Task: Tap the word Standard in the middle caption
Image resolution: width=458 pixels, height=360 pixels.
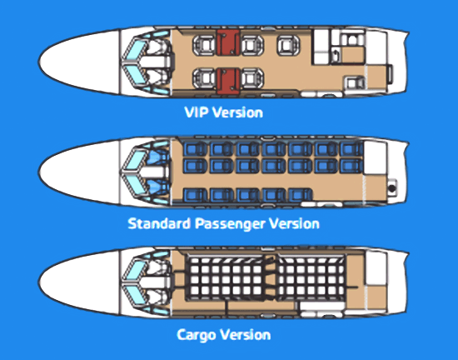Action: pyautogui.click(x=160, y=223)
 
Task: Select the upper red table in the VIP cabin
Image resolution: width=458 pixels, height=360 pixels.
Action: pyautogui.click(x=228, y=42)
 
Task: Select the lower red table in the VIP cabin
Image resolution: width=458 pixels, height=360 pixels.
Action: pyautogui.click(x=228, y=81)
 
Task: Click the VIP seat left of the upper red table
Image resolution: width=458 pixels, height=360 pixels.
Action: pyautogui.click(x=204, y=45)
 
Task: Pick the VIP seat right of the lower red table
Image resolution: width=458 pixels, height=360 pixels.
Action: pyautogui.click(x=251, y=78)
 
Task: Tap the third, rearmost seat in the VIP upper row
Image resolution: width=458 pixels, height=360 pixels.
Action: pyautogui.click(x=288, y=45)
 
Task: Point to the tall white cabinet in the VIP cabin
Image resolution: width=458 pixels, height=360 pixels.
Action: pyautogui.click(x=321, y=47)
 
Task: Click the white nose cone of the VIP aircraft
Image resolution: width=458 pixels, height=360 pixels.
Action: pyautogui.click(x=79, y=62)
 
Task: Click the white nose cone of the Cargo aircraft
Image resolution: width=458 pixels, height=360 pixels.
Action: pyautogui.click(x=79, y=282)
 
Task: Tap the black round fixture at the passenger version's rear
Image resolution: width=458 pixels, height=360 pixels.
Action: pyautogui.click(x=392, y=188)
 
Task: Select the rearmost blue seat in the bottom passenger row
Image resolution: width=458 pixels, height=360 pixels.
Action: pyautogui.click(x=301, y=194)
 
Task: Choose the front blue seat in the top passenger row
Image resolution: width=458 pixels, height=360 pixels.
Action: pyautogui.click(x=195, y=148)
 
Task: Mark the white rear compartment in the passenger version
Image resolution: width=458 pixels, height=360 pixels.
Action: pyautogui.click(x=375, y=157)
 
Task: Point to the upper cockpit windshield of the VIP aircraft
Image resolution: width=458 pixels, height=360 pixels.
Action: pyautogui.click(x=135, y=48)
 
